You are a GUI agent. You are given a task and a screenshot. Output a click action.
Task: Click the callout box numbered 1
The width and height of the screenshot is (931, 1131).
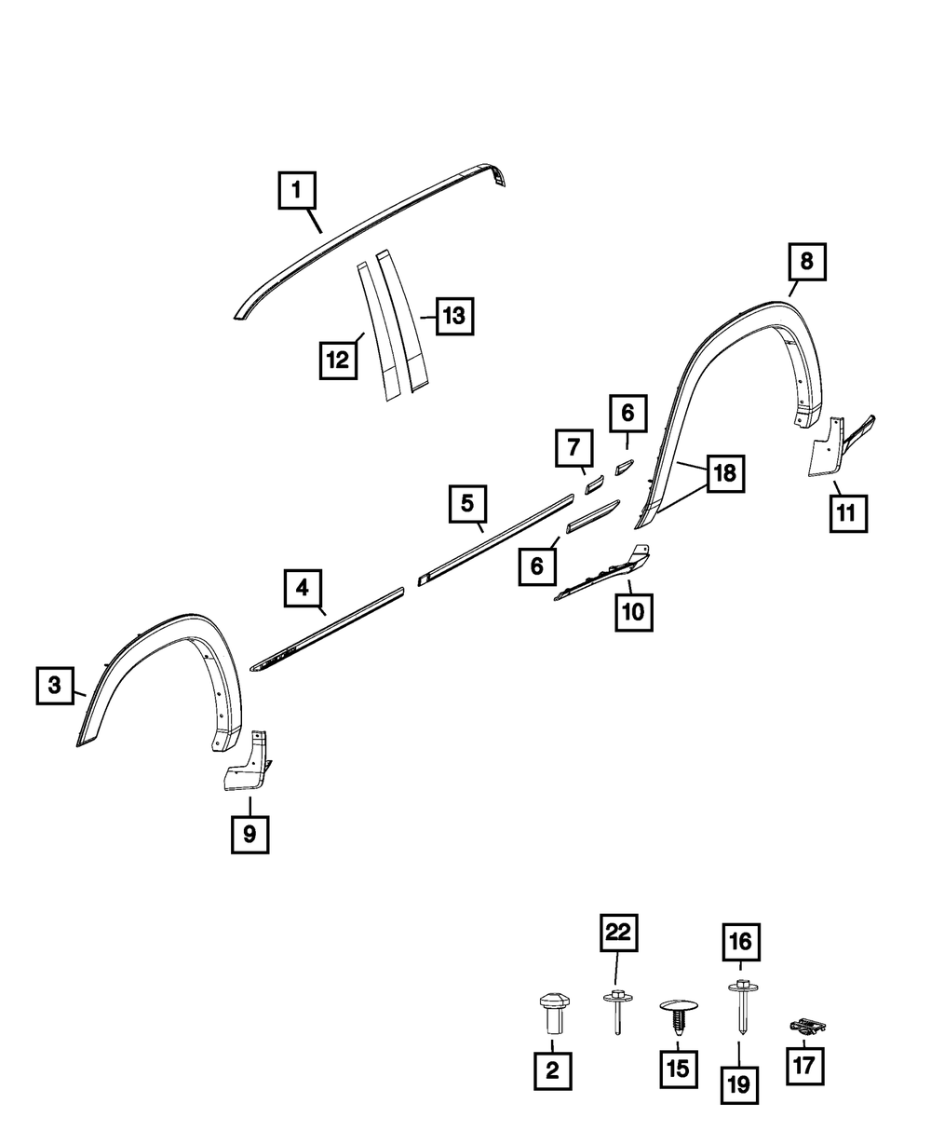(297, 192)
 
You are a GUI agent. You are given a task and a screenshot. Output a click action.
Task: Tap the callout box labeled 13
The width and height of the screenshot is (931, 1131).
(452, 317)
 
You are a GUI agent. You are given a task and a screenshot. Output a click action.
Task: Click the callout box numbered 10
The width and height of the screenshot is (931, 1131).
(633, 612)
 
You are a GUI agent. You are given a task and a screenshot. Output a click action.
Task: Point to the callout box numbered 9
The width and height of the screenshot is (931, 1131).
(250, 834)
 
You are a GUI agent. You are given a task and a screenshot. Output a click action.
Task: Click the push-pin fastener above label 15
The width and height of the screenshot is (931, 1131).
(678, 1015)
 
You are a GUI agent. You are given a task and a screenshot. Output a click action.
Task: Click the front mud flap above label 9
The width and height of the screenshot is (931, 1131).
(248, 764)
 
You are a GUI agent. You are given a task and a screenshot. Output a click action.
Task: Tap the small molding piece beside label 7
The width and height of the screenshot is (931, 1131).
(594, 484)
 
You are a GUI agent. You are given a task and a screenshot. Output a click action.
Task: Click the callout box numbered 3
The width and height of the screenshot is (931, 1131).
(55, 687)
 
